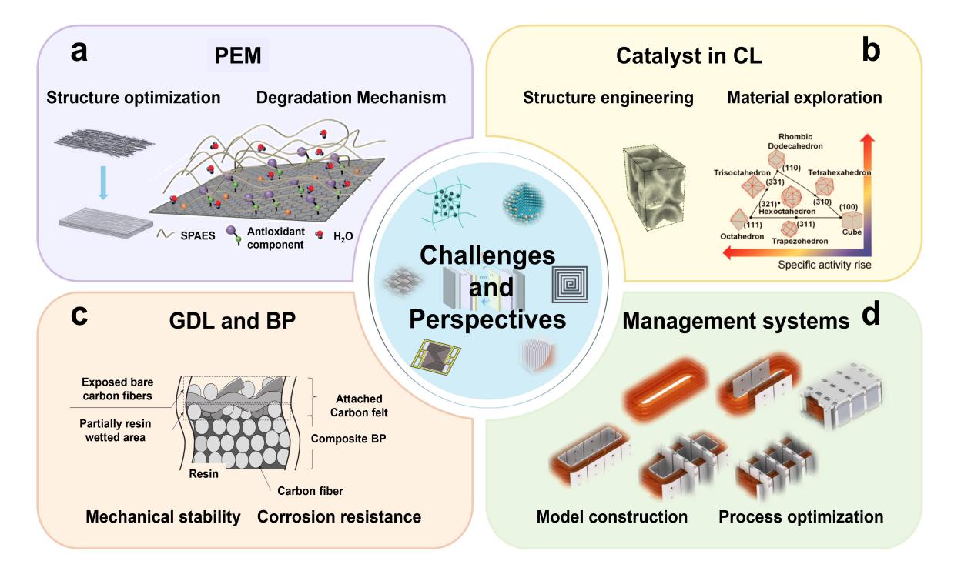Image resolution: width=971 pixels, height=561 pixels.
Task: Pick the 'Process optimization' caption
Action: pyautogui.click(x=801, y=516)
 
